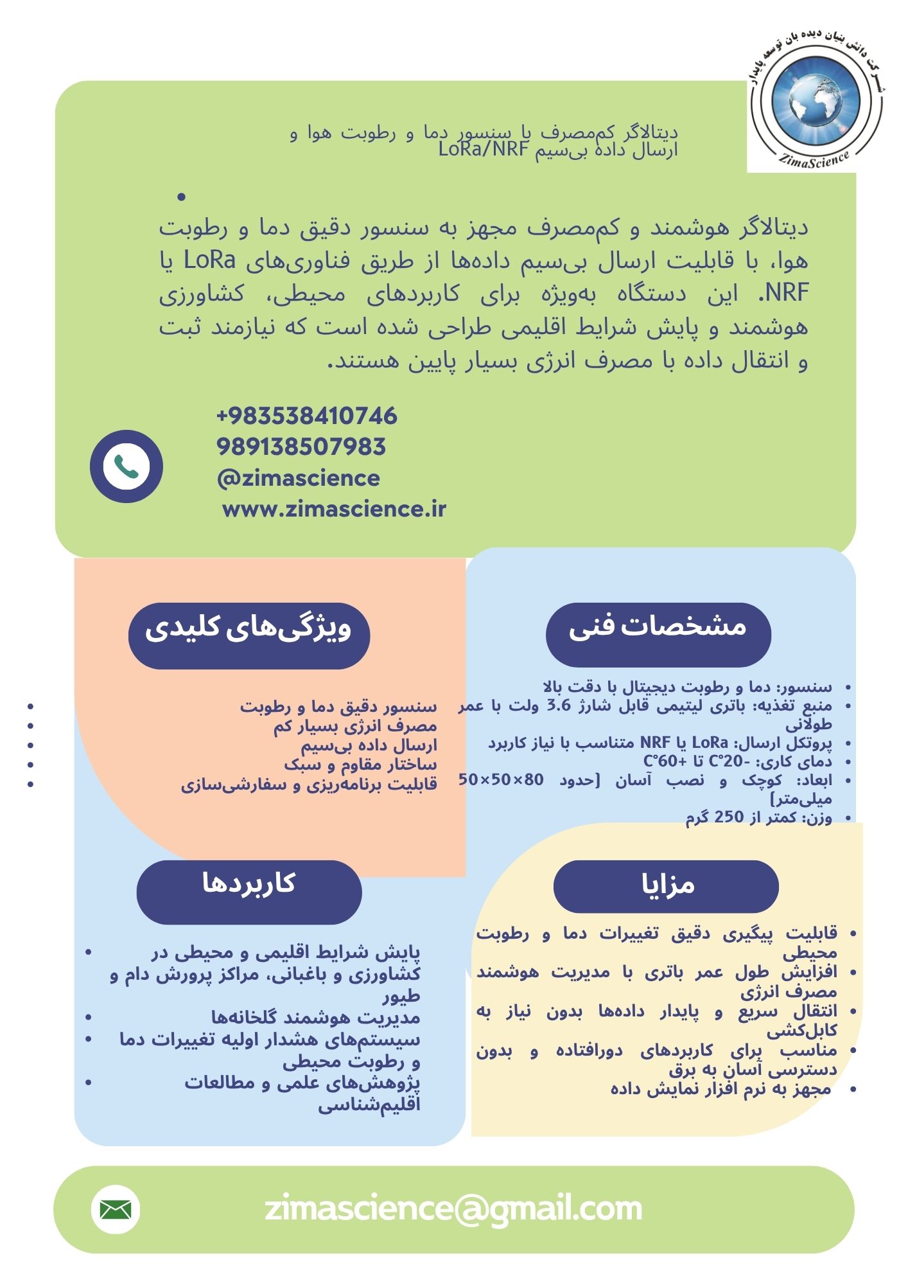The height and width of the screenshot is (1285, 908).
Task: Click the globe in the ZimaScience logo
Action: [816, 100]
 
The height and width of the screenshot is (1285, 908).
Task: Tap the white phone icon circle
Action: [127, 466]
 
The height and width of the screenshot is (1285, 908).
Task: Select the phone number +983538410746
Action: [307, 416]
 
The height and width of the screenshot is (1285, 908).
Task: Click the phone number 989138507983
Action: [301, 447]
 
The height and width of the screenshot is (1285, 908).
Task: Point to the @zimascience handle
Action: [299, 478]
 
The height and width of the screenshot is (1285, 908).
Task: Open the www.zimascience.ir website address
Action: [334, 509]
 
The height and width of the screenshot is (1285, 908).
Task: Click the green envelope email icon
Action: [116, 1210]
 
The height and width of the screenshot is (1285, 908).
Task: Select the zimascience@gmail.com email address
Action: [453, 1209]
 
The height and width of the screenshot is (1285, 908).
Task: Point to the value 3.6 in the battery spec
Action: [558, 705]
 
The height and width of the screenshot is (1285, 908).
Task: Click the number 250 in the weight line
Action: [729, 817]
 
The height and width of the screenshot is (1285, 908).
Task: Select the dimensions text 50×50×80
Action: [501, 780]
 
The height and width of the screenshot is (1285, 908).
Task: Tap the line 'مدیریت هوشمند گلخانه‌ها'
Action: [316, 1018]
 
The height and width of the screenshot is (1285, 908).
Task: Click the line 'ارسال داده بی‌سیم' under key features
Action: [369, 745]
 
